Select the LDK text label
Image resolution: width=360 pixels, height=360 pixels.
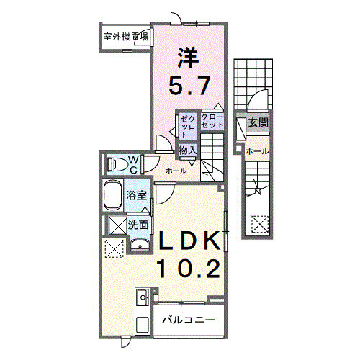tap(189, 240)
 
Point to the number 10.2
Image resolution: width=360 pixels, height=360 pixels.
tap(189, 269)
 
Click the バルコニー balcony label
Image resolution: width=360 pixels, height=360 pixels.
tap(188, 319)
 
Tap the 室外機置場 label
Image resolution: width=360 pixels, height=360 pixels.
tap(126, 37)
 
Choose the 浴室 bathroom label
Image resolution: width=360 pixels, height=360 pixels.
tap(138, 196)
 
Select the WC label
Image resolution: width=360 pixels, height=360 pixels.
tap(134, 163)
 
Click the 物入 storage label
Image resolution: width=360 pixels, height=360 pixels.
tap(187, 150)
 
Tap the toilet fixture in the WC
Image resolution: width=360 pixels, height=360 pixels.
tap(114, 163)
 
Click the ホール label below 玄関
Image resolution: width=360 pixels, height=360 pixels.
tap(257, 151)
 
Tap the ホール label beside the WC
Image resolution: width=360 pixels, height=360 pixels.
tap(176, 171)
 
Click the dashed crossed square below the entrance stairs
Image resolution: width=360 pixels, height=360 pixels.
tap(258, 225)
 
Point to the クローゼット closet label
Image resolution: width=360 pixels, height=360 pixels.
tap(212, 120)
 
